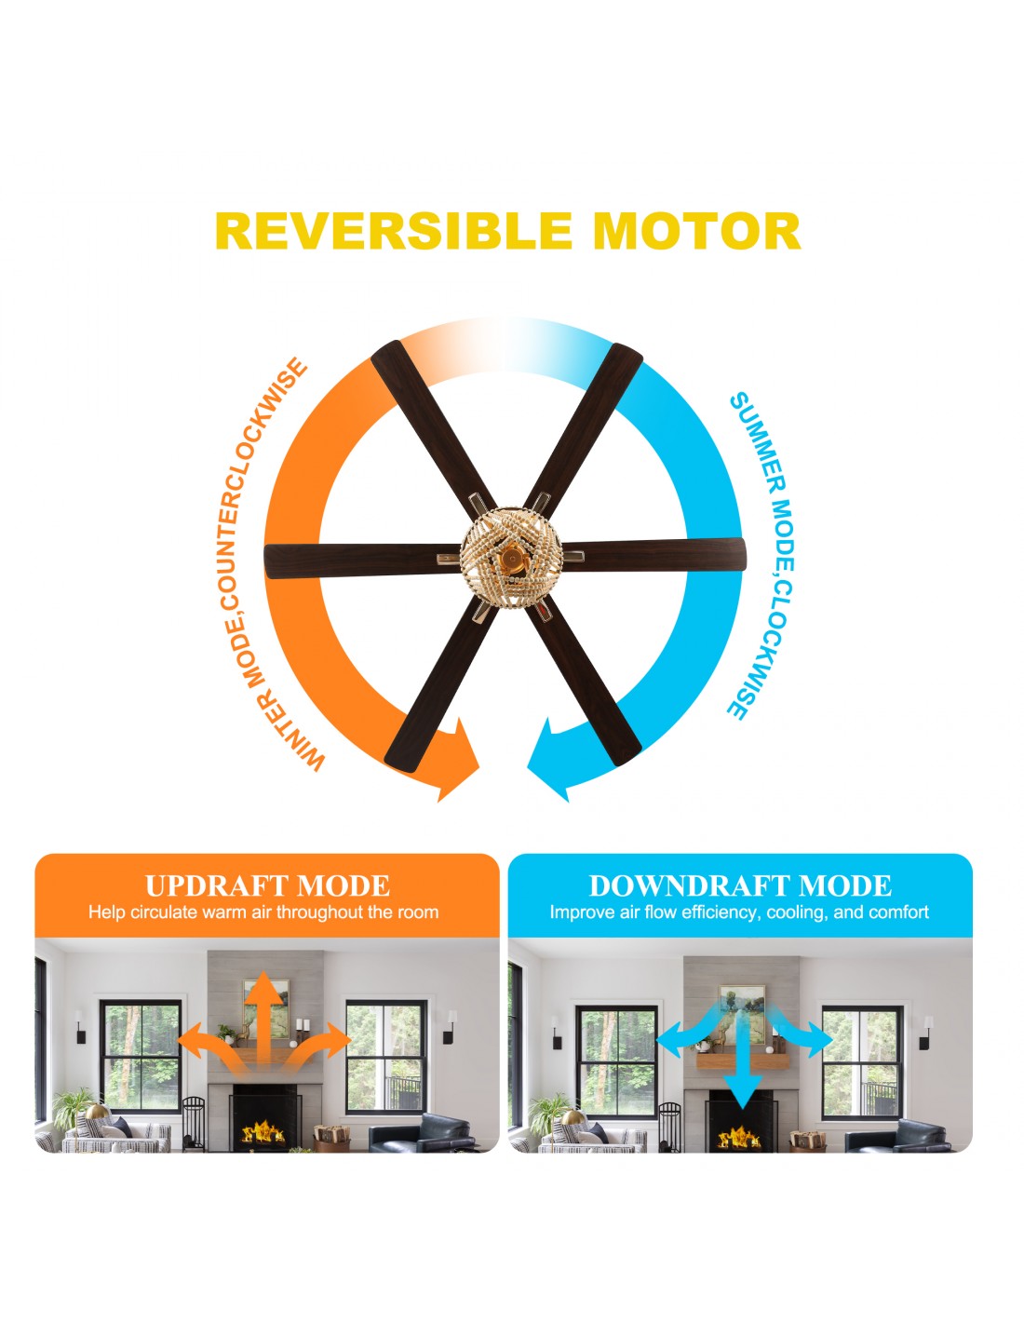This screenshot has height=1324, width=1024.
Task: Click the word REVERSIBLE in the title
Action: tap(394, 231)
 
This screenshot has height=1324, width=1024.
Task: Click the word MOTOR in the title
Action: tap(696, 231)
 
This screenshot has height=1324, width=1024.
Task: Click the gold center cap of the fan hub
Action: tap(510, 558)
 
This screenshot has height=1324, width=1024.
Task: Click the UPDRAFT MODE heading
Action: tap(267, 885)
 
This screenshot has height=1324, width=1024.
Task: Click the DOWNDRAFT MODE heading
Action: tap(739, 885)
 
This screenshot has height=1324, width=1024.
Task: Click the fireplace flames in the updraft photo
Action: tap(263, 1133)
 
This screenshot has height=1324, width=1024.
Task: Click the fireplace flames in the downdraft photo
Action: tap(738, 1137)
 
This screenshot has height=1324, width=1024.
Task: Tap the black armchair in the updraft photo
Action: tap(421, 1132)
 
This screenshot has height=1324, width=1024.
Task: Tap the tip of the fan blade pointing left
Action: tap(266, 561)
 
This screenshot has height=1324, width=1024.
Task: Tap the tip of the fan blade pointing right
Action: tap(744, 554)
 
